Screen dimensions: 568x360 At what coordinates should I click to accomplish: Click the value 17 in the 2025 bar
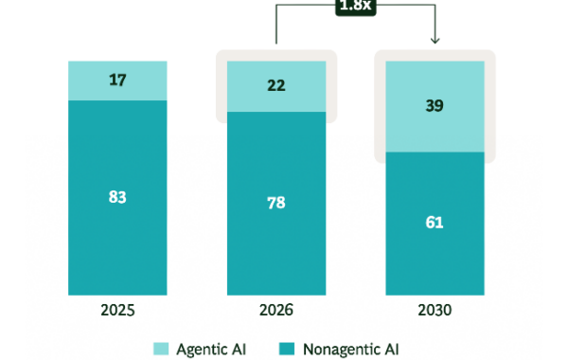117,81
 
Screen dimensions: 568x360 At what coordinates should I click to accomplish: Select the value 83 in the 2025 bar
117,197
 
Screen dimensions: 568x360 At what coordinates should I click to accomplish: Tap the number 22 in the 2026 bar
276,85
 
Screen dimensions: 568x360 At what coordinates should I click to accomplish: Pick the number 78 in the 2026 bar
276,203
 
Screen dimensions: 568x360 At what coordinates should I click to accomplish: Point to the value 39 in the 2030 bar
435,105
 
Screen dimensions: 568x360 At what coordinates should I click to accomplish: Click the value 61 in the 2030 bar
435,223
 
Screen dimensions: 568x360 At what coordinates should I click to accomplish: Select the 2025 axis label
117,311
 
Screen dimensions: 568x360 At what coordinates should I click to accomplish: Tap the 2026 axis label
276,311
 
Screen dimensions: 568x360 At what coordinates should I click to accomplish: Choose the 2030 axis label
435,311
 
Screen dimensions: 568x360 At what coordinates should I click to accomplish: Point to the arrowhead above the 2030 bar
435,40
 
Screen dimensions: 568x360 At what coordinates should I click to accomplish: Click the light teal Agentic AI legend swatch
161,349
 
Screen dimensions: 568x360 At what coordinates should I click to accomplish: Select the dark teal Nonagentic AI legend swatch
287,349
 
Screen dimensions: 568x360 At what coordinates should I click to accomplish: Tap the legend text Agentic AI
211,350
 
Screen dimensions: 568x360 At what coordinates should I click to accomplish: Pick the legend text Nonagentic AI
350,350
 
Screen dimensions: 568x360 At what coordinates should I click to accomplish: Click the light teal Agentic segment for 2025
117,81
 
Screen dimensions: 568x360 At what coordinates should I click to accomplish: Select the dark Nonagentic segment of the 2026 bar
276,204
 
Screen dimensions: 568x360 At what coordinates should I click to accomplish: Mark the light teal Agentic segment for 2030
435,107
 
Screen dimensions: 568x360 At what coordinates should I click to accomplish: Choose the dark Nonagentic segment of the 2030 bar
435,224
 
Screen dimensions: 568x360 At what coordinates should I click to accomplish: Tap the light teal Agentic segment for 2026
276,86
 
